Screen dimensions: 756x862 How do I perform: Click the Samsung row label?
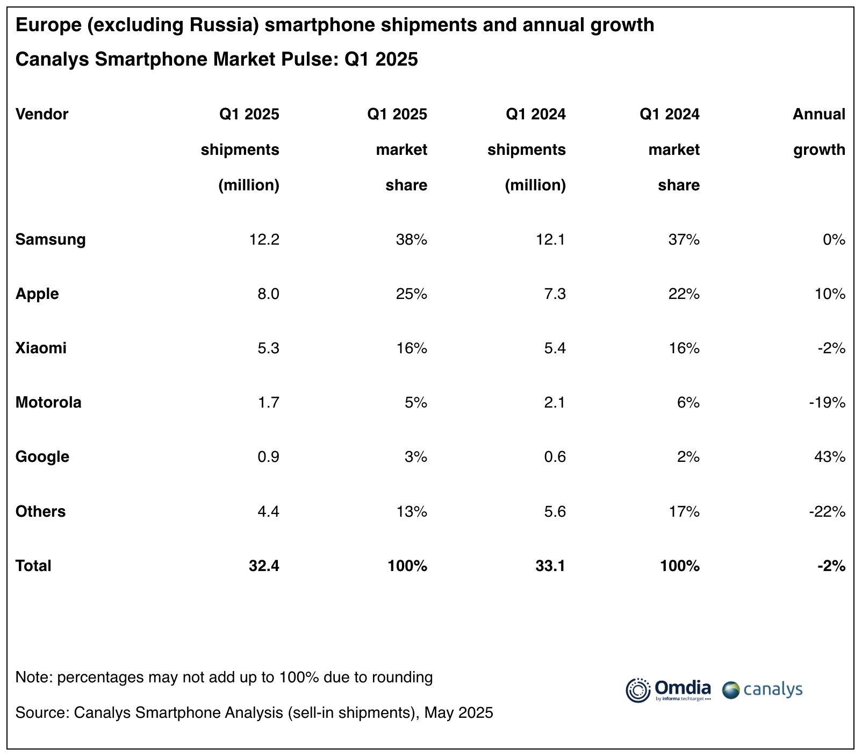pos(51,239)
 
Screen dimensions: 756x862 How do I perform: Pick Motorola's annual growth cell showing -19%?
pos(827,403)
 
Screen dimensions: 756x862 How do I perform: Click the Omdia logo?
pos(668,690)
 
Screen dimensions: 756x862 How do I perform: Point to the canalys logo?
pos(762,690)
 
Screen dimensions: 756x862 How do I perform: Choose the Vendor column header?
pos(42,115)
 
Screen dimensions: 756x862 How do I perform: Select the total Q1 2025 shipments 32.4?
pos(264,566)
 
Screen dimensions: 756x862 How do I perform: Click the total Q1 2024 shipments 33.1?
pos(550,566)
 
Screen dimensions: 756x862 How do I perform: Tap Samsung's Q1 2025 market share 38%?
pos(412,240)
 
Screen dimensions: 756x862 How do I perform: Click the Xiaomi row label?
pos(41,348)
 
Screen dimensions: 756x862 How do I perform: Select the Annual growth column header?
pos(819,132)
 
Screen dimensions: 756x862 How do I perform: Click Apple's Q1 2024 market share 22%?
pos(684,294)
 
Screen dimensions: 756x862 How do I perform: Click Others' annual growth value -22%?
pos(827,512)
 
